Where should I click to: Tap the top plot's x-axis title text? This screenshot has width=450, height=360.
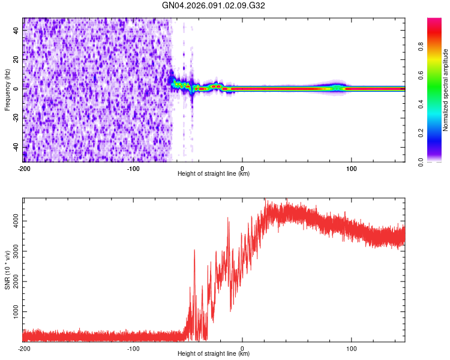214,174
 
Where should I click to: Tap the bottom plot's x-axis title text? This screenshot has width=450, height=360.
214,354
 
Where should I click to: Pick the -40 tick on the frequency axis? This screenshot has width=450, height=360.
16,147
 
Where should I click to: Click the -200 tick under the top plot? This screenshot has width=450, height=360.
24,168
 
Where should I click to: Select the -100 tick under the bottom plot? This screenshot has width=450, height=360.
133,348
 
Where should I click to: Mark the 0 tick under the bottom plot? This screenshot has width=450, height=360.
242,348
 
